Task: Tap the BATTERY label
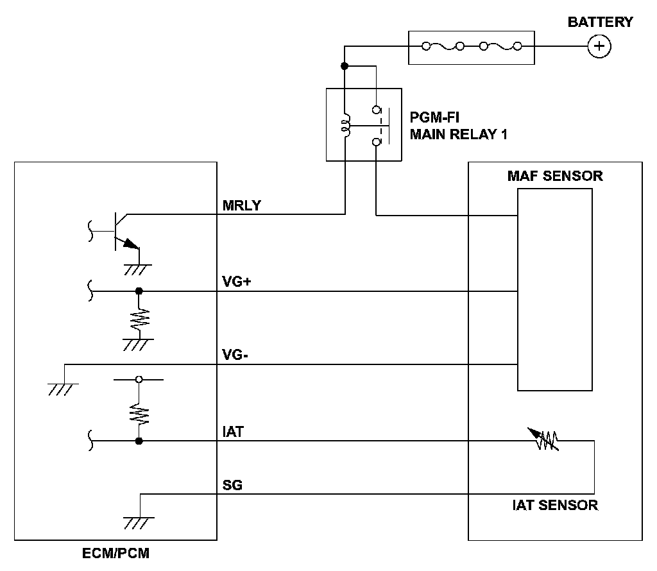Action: pos(600,22)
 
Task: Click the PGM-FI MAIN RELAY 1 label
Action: pos(458,126)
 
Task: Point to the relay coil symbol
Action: pos(346,125)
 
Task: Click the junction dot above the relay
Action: pos(345,66)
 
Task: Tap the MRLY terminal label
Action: pos(242,205)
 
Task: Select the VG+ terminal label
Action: pos(237,282)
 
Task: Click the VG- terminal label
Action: pos(235,355)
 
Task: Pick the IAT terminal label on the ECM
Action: pos(233,432)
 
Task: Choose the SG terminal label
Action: pos(232,484)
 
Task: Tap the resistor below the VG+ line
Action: pos(139,320)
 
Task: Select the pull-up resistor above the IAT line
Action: pos(139,414)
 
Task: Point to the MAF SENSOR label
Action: pos(555,176)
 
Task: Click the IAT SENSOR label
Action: pos(555,505)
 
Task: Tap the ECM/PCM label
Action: pos(115,553)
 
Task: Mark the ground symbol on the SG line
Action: pos(139,523)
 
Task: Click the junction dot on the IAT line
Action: pos(139,441)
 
